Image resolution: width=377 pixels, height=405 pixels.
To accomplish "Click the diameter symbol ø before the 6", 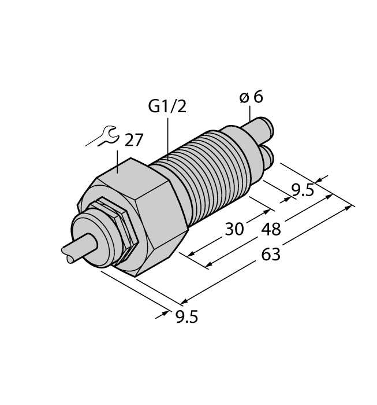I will click(x=244, y=98).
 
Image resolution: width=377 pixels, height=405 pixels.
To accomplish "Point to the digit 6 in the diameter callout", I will click(x=258, y=97).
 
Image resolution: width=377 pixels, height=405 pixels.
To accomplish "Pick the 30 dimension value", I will click(x=234, y=230).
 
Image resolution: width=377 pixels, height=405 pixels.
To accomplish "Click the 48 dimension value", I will click(x=271, y=230).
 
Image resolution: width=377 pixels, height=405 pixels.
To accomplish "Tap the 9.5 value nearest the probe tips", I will click(x=303, y=190).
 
